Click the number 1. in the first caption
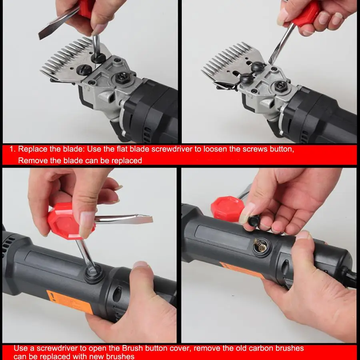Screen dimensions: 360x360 12,149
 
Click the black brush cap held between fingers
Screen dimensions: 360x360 253,221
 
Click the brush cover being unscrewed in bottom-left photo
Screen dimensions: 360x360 93,274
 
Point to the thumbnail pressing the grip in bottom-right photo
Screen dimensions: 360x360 303,235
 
